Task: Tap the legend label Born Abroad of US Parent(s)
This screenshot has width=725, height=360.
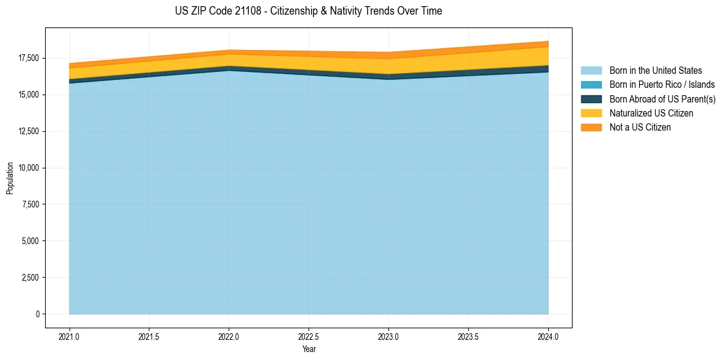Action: pyautogui.click(x=662, y=99)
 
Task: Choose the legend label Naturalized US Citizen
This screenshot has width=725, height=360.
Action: pyautogui.click(x=651, y=113)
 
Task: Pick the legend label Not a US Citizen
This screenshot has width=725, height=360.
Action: pyautogui.click(x=640, y=128)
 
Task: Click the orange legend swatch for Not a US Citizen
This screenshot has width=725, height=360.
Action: pyautogui.click(x=591, y=128)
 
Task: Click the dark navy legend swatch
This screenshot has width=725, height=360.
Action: pyautogui.click(x=591, y=99)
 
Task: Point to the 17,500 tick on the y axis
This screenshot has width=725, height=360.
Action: pyautogui.click(x=29, y=58)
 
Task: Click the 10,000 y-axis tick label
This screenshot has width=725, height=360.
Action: pyautogui.click(x=29, y=168)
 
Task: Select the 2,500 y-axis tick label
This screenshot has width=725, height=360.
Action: pyautogui.click(x=30, y=278)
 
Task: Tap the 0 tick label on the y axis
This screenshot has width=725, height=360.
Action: pyautogui.click(x=37, y=314)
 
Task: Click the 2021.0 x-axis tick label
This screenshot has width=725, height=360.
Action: pyautogui.click(x=69, y=336)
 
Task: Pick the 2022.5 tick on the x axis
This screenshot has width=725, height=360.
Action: pyautogui.click(x=309, y=336)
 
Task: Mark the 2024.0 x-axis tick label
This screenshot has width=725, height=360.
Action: pyautogui.click(x=548, y=336)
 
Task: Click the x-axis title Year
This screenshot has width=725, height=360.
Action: pyautogui.click(x=309, y=349)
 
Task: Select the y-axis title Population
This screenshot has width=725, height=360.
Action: pyautogui.click(x=10, y=178)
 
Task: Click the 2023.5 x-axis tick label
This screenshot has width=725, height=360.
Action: pyautogui.click(x=468, y=336)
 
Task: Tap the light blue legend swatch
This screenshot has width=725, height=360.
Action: pyautogui.click(x=591, y=71)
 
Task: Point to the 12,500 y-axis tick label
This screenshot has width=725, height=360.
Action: pyautogui.click(x=29, y=131)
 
